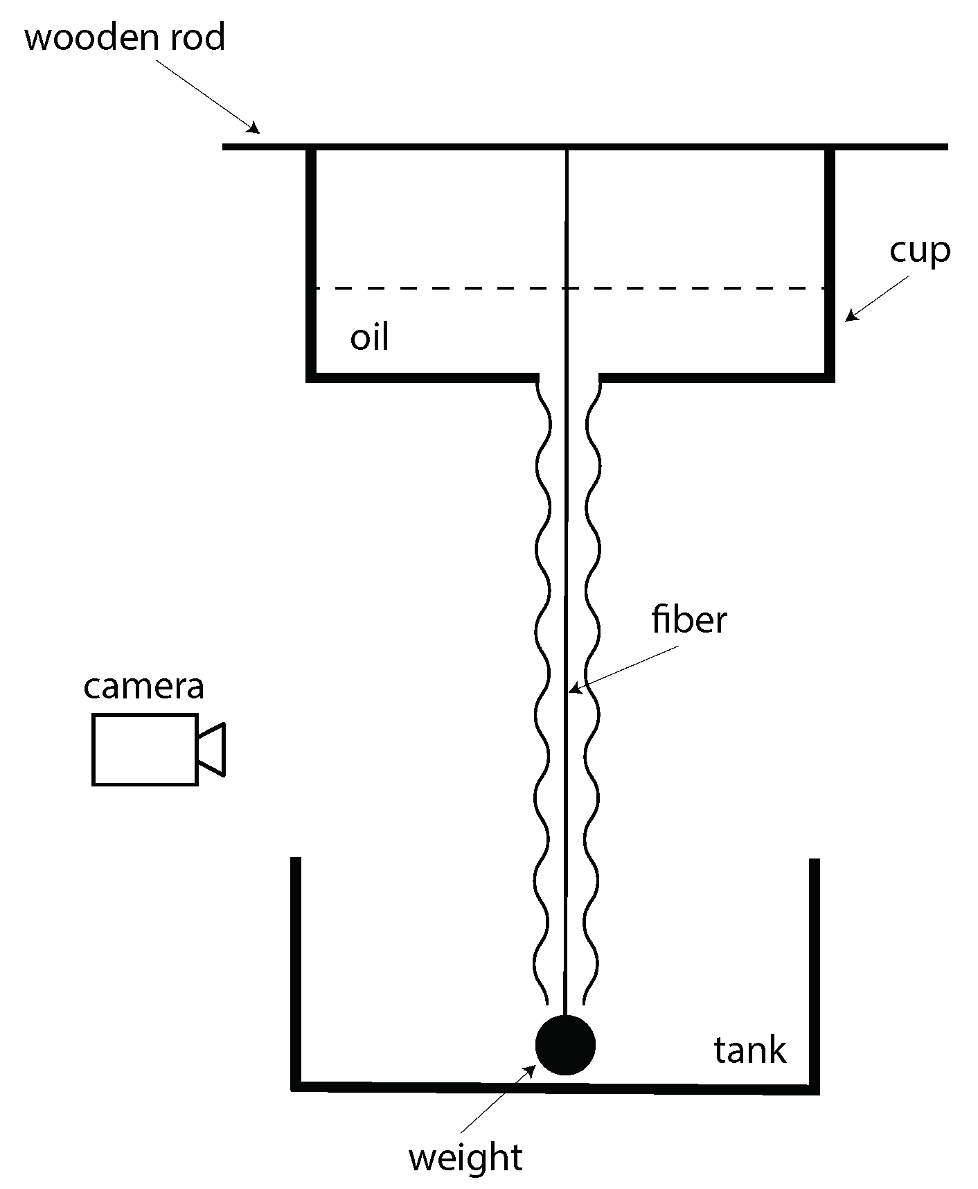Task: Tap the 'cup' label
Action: (920, 251)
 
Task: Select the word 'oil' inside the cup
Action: (369, 337)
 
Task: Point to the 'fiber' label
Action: (688, 619)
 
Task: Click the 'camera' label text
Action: (144, 686)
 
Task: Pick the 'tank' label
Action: (749, 1050)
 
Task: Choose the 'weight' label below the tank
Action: (465, 1158)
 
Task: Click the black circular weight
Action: (565, 1046)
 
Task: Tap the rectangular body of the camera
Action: (145, 750)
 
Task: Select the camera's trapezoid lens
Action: (212, 749)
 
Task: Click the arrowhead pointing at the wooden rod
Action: (254, 128)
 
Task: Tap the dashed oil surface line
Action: (443, 288)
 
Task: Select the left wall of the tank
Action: (296, 970)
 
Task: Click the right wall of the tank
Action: (815, 970)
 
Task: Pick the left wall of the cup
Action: (312, 263)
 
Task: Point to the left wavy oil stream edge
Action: (543, 693)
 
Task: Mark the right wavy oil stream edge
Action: (593, 693)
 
